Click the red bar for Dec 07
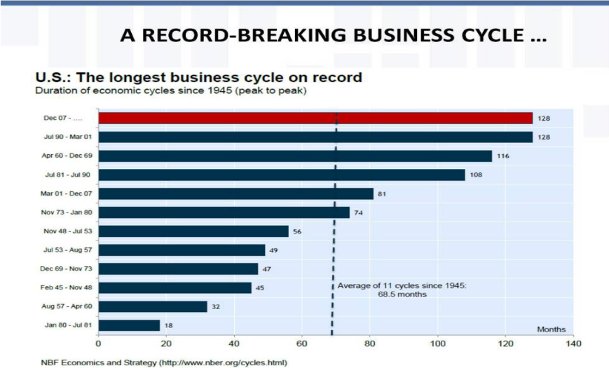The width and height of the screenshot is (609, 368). [315, 118]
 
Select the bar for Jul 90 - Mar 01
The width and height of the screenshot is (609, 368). [315, 137]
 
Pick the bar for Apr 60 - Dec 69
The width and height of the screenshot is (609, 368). [295, 156]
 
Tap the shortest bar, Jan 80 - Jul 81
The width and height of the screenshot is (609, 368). [129, 325]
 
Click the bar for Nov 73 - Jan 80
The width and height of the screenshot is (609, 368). [224, 212]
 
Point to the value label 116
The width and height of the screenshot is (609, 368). [502, 156]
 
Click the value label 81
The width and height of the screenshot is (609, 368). [383, 193]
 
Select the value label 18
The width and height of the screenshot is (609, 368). [169, 325]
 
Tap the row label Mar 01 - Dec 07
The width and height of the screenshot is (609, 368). [67, 193]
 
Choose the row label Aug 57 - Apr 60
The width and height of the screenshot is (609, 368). [67, 306]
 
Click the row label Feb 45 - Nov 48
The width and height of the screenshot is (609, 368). [67, 287]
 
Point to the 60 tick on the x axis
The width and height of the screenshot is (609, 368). [302, 345]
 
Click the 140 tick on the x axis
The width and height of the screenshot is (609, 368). [574, 345]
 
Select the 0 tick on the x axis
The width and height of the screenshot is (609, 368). [98, 345]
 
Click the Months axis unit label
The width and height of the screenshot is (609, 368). [551, 329]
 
